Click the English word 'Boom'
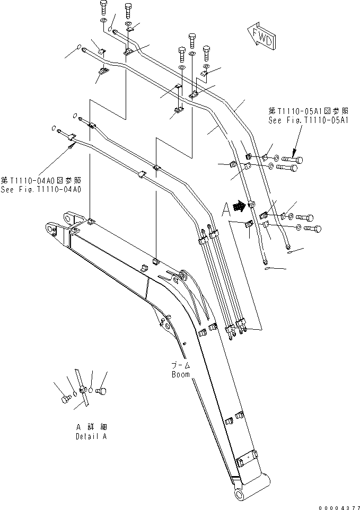pyautogui.click(x=181, y=374)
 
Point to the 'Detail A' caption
pyautogui.click(x=93, y=436)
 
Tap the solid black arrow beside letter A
pyautogui.click(x=241, y=205)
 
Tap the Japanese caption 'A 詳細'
pyautogui.click(x=93, y=427)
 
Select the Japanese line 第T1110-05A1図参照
pyautogui.click(x=308, y=111)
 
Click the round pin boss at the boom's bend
pyautogui.click(x=183, y=276)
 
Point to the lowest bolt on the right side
pyautogui.click(x=312, y=229)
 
